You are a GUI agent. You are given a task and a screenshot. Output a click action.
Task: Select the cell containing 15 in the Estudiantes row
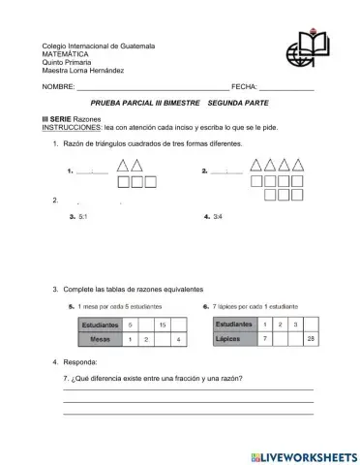pyautogui.click(x=163, y=325)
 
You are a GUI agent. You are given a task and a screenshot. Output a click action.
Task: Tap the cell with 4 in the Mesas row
pyautogui.click(x=178, y=340)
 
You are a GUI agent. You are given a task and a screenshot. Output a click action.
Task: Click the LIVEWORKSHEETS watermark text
pyautogui.click(x=303, y=454)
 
